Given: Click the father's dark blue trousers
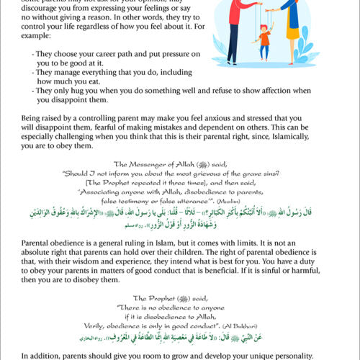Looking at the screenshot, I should click(x=234, y=43).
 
